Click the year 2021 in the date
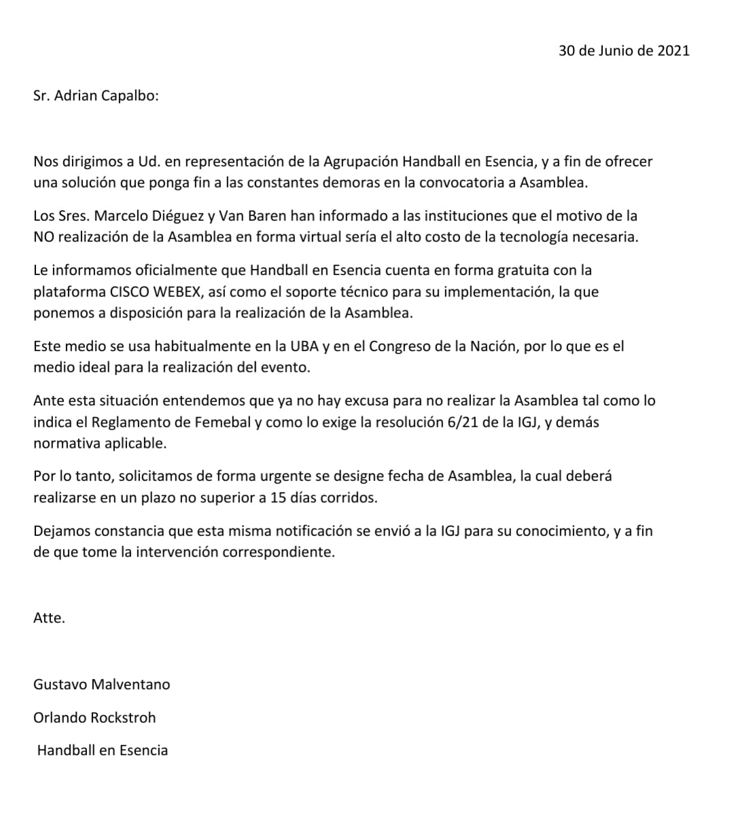click(x=673, y=50)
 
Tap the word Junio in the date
click(x=616, y=50)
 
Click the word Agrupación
click(x=360, y=162)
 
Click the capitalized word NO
click(x=43, y=238)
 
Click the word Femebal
click(x=222, y=422)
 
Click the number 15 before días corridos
click(x=278, y=498)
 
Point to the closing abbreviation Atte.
click(x=49, y=619)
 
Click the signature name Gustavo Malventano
click(x=102, y=685)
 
